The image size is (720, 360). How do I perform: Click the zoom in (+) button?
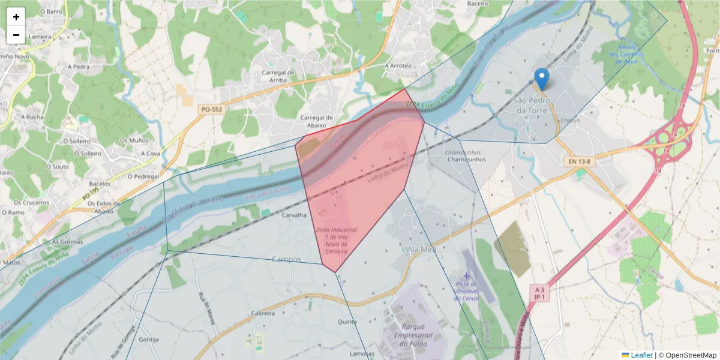(x=16, y=17)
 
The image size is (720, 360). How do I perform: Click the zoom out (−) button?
(x=16, y=35)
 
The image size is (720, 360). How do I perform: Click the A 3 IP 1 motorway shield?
(x=539, y=293)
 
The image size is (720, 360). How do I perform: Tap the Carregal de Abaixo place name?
(x=316, y=122)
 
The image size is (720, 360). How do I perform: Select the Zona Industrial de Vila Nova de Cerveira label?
(x=336, y=241)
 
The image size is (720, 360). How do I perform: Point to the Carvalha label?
(x=295, y=215)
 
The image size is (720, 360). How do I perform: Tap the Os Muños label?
(x=133, y=140)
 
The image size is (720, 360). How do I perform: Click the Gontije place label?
(x=148, y=339)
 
